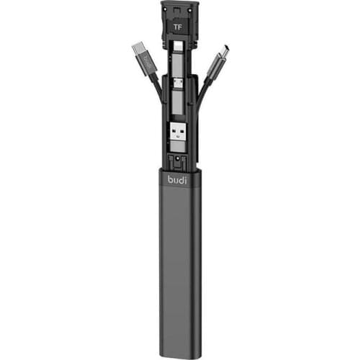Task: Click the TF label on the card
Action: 178,27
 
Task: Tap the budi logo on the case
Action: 177,179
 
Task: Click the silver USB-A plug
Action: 178,131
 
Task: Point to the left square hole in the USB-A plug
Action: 175,132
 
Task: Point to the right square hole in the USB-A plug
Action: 181,132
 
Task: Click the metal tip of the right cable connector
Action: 223,52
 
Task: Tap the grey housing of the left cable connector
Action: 147,64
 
